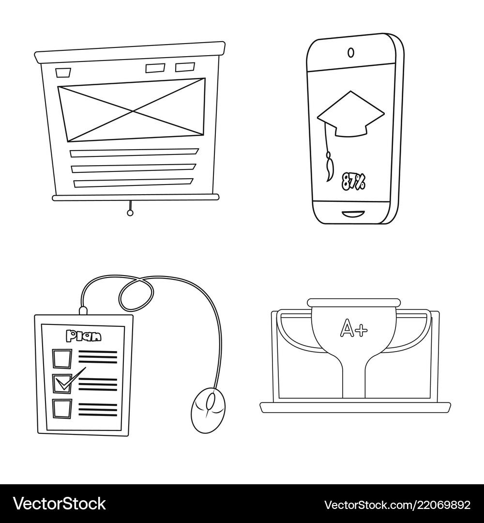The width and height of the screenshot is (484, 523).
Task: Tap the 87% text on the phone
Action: (x=354, y=181)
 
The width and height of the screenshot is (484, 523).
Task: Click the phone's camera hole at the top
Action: (x=351, y=52)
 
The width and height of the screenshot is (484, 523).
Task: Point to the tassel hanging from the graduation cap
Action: (x=330, y=165)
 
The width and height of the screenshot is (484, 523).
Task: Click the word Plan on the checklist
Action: (x=84, y=336)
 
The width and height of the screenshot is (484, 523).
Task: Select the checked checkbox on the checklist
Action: (x=62, y=382)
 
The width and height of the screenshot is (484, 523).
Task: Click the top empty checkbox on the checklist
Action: (x=61, y=359)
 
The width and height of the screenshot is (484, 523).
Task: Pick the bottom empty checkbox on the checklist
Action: (x=62, y=408)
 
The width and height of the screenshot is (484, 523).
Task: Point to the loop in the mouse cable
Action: (x=136, y=294)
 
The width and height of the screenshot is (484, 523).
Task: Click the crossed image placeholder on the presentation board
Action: (x=132, y=109)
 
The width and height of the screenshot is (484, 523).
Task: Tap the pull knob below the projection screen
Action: (x=129, y=212)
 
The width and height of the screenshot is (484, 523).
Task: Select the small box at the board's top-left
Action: (x=63, y=73)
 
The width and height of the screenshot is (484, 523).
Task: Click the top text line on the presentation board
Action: (x=134, y=153)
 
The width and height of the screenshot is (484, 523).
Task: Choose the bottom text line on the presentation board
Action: (x=133, y=183)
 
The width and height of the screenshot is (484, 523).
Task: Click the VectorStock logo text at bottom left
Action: (x=60, y=504)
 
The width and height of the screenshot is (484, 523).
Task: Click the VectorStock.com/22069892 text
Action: (x=397, y=505)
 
